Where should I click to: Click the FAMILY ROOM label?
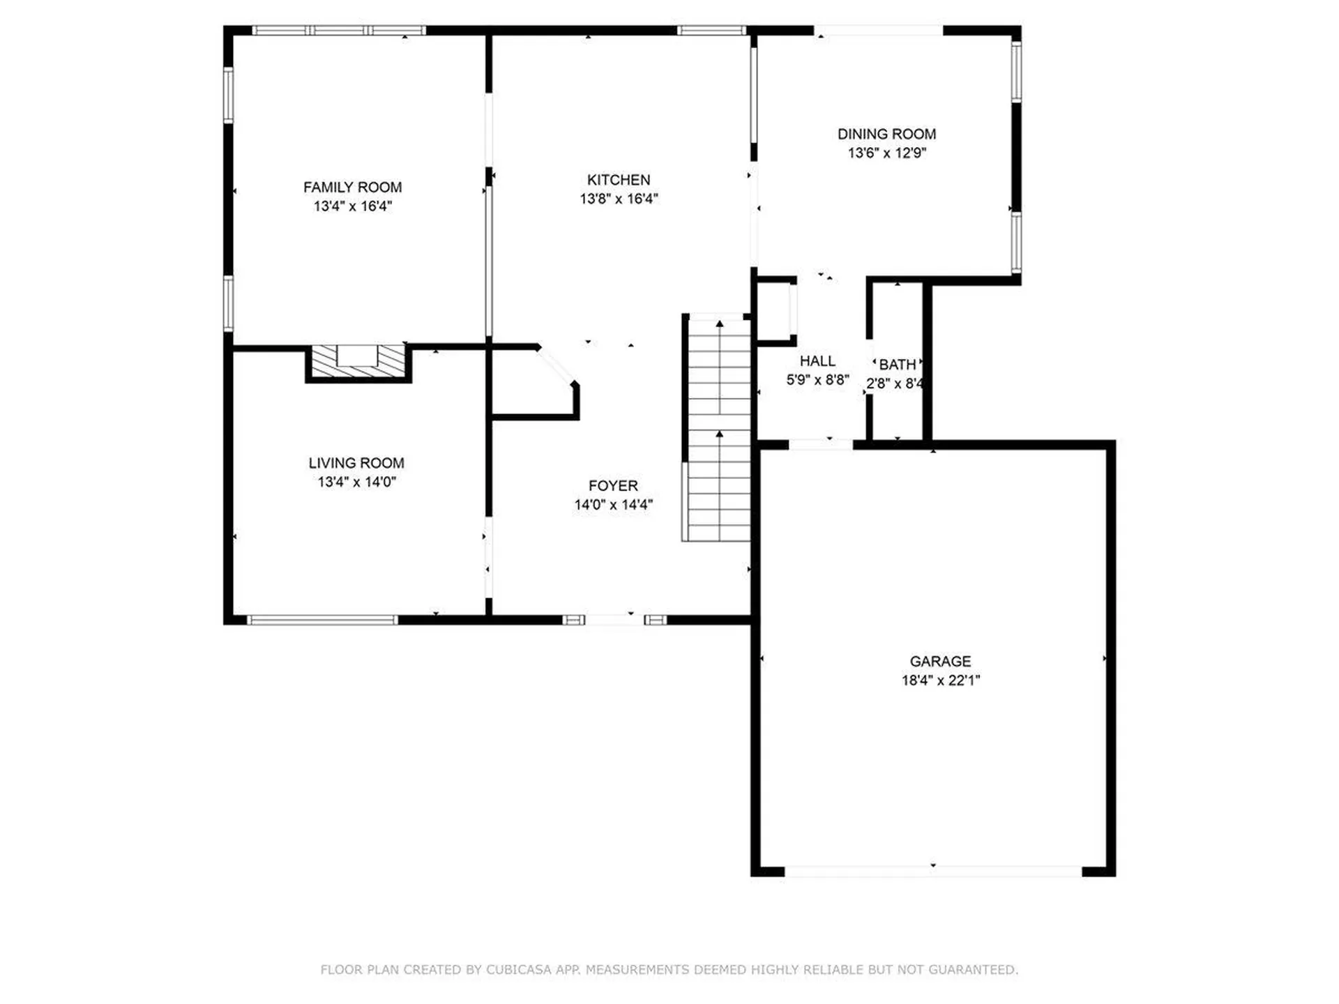point(352,187)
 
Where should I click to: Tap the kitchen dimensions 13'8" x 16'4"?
point(619,199)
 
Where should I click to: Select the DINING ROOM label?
point(886,134)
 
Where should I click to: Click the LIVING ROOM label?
point(356,463)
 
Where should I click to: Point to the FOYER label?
point(613,485)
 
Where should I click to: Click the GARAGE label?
point(940,661)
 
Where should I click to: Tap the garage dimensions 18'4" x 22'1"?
point(940,680)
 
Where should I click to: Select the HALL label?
point(817,360)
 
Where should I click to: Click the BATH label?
point(897,365)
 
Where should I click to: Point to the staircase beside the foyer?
point(718,429)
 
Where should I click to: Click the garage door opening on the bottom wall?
point(932,871)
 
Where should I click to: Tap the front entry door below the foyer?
point(614,619)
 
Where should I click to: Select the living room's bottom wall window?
point(322,620)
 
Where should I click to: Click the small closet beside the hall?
point(774,310)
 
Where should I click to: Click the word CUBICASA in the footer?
point(518,969)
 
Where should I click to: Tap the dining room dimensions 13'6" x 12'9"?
point(886,153)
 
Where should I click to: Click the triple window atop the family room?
point(338,31)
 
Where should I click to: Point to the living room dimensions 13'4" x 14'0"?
point(356,482)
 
